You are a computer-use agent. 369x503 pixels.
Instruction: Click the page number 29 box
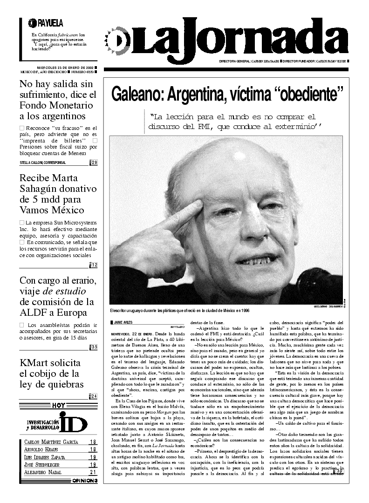click(x=94, y=162)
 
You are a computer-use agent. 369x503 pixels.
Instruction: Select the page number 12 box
click(x=94, y=265)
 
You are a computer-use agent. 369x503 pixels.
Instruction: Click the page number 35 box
click(x=94, y=347)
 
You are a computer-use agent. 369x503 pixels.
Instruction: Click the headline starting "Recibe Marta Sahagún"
click(x=58, y=194)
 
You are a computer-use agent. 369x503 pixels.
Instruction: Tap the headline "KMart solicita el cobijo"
click(x=52, y=374)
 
